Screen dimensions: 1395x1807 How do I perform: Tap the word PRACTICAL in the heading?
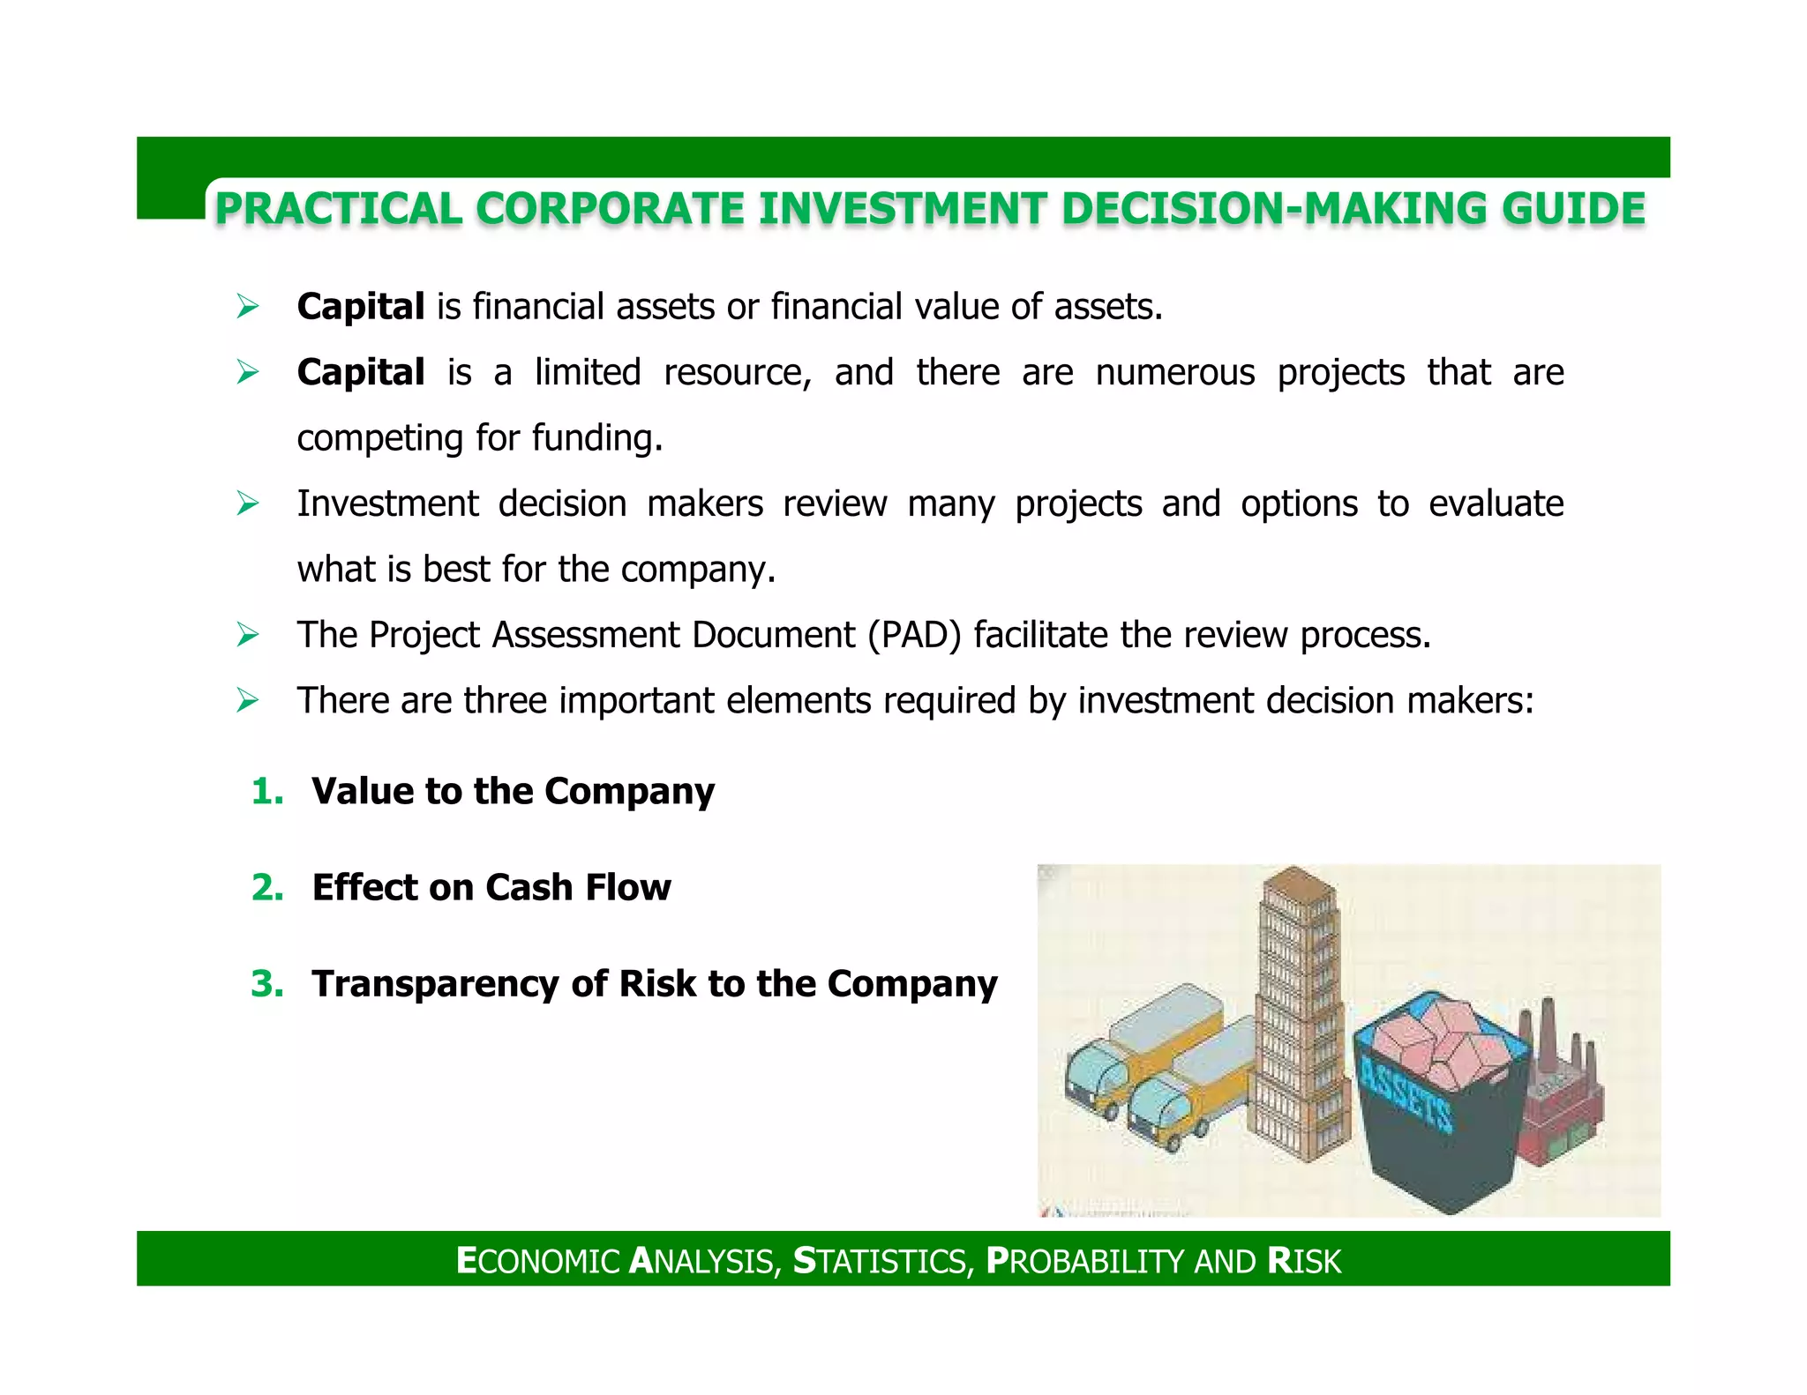click(339, 209)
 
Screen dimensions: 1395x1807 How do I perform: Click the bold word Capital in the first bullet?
click(361, 307)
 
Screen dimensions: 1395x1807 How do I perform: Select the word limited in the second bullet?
click(588, 372)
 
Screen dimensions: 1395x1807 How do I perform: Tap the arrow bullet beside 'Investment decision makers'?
click(248, 504)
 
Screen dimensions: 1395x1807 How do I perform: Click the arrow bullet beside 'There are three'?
click(248, 701)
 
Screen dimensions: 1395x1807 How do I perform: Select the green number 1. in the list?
click(267, 791)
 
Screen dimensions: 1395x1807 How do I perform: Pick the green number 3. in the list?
click(267, 983)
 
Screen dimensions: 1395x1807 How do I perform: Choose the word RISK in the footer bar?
click(1304, 1261)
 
